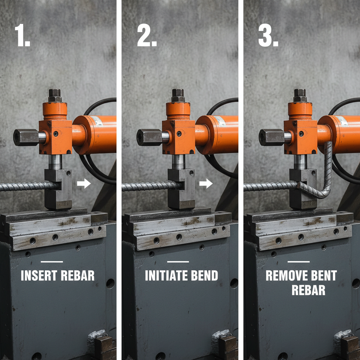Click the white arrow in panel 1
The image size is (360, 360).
pyautogui.click(x=84, y=183)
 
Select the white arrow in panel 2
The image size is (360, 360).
pyautogui.click(x=206, y=183)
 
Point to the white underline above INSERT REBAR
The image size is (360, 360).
pyautogui.click(x=52, y=262)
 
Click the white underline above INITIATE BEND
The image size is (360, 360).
pyautogui.click(x=178, y=262)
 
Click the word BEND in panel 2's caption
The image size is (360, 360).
pyautogui.click(x=205, y=276)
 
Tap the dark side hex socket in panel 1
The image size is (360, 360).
pyautogui.click(x=25, y=137)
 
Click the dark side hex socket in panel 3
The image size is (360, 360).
pyautogui.click(x=270, y=137)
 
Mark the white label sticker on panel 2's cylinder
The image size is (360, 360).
pyautogui.click(x=220, y=121)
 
